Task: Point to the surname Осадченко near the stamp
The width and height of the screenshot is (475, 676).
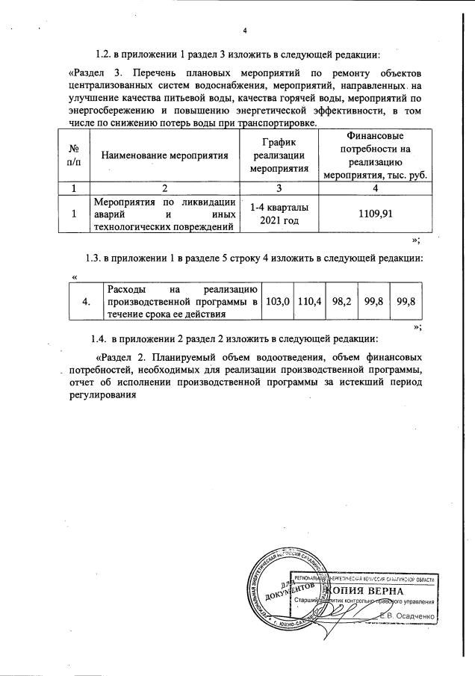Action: [414, 615]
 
